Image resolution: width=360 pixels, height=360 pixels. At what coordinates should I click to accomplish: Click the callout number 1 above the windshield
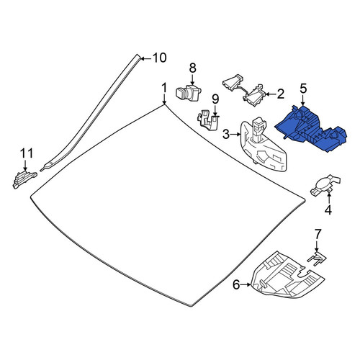164,89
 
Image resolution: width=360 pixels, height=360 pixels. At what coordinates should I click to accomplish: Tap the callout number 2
280,94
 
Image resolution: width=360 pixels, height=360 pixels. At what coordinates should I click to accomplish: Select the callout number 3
226,135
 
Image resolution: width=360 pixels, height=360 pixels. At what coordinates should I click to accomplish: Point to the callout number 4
328,210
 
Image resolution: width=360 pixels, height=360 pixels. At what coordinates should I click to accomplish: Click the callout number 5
303,89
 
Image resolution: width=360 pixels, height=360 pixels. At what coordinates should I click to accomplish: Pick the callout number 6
236,285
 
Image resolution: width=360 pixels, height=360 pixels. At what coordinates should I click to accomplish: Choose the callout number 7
318,234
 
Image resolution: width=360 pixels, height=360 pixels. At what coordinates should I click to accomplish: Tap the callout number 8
192,68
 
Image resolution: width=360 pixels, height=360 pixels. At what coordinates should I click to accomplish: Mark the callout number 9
215,99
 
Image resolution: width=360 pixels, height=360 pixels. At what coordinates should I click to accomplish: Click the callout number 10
159,58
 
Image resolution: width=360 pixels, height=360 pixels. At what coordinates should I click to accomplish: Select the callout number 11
27,153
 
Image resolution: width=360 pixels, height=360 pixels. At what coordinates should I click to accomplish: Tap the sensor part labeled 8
189,93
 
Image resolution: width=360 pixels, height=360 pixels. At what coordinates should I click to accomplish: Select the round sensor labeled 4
325,185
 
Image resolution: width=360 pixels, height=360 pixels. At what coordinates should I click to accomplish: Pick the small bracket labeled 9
208,120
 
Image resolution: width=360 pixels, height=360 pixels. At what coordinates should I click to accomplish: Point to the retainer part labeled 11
24,179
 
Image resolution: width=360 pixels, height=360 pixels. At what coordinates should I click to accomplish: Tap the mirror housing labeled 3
264,147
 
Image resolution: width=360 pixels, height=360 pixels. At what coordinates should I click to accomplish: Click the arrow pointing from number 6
246,285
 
